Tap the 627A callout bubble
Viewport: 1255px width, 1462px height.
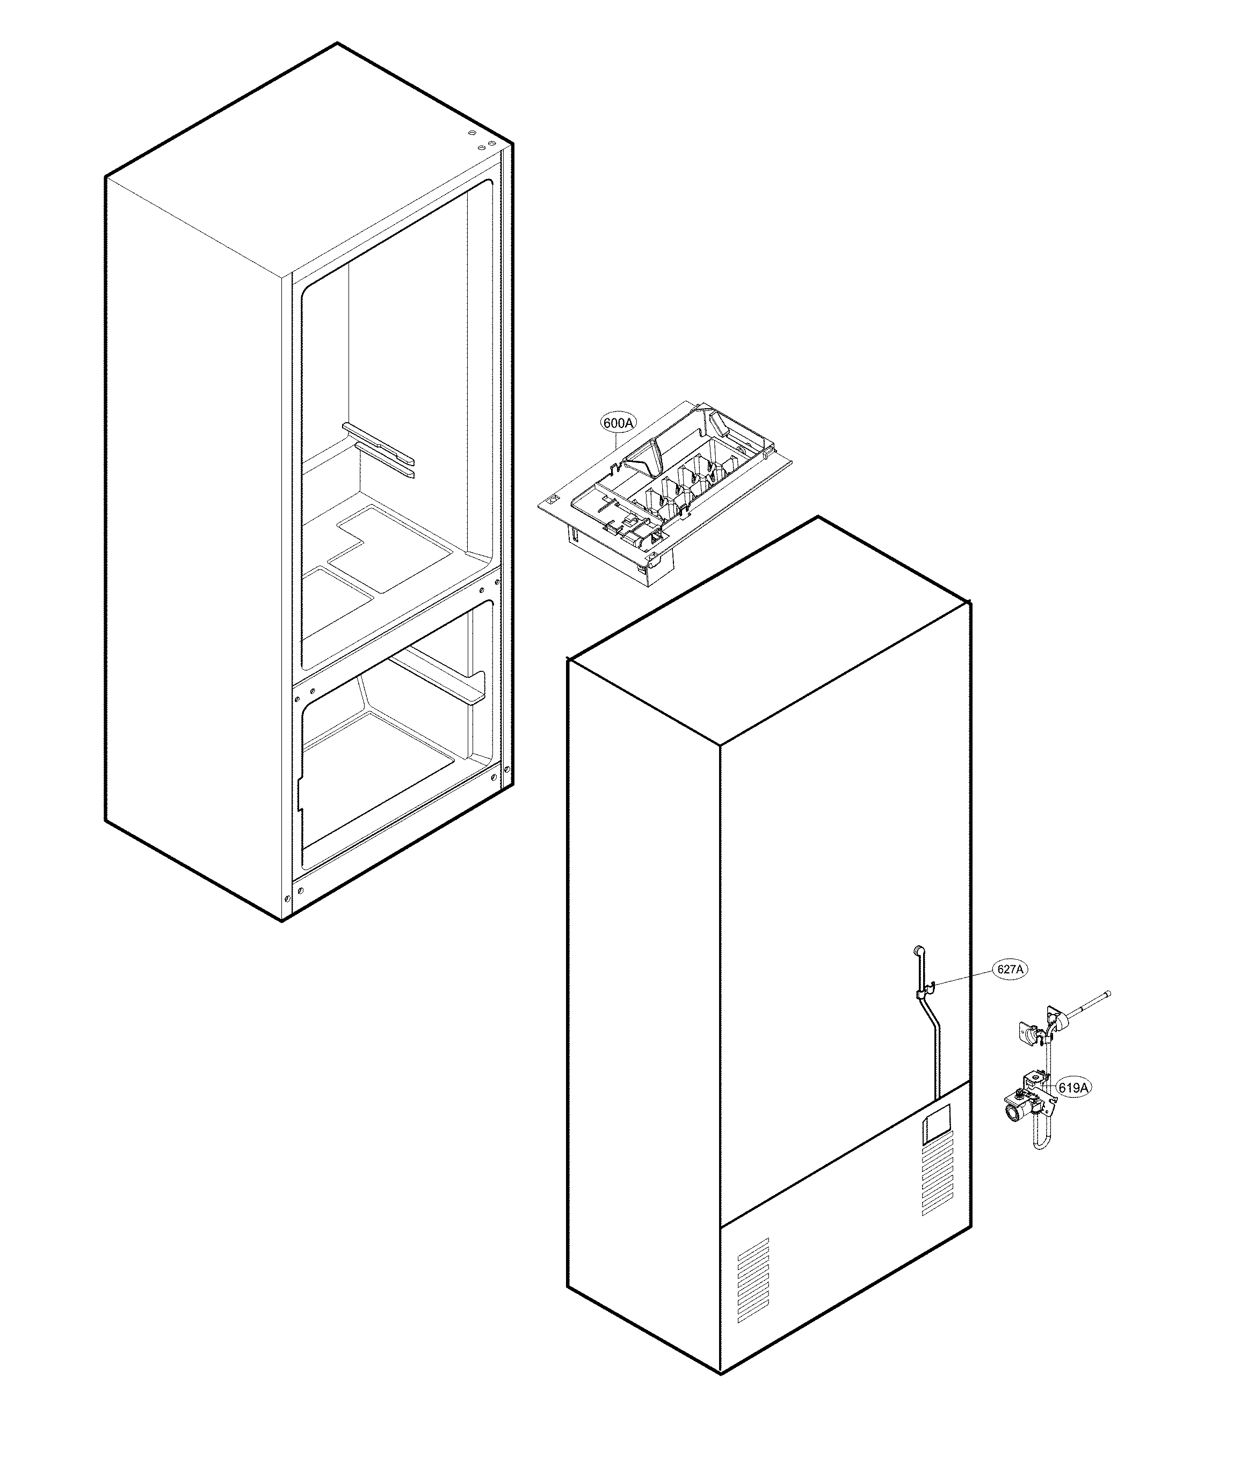point(1010,969)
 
